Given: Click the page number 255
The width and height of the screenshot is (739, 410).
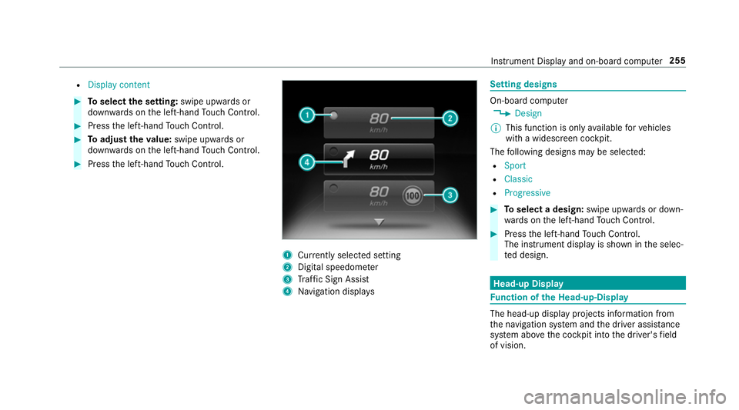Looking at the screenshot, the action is tap(677, 61).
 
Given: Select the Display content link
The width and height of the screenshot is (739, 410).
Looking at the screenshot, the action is tap(119, 85).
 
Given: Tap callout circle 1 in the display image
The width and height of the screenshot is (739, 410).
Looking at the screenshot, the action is tap(307, 115).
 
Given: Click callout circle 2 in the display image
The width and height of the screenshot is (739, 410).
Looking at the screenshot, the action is tap(450, 118).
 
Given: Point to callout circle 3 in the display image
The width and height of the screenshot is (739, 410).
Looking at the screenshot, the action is tap(450, 195).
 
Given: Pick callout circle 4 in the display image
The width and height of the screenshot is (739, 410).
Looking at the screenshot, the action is tap(307, 163).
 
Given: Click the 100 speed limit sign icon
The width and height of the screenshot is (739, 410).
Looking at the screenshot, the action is tap(413, 195).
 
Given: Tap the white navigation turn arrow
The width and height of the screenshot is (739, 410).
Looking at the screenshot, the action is tap(348, 158).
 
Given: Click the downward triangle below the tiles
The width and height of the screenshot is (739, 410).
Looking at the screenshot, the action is tap(380, 222).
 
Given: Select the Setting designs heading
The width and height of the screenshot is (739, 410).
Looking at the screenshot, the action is tap(523, 85).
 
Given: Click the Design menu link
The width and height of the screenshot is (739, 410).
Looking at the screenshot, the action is tap(528, 113).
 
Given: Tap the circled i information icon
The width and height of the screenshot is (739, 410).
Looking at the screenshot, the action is tap(496, 128).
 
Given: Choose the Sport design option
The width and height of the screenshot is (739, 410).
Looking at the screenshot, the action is tap(515, 165).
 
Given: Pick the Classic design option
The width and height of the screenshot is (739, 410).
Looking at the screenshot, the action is tap(518, 179).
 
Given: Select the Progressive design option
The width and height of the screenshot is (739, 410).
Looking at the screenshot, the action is tap(527, 193).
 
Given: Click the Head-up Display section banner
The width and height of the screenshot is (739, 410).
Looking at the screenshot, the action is tap(587, 283).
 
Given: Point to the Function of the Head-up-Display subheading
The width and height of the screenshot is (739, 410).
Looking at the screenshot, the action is tap(559, 298).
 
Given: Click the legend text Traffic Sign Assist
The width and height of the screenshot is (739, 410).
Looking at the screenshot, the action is tap(333, 279).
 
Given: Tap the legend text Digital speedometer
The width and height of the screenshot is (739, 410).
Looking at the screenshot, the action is tap(338, 267).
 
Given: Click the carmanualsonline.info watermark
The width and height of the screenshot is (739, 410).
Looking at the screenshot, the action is tap(625, 397).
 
